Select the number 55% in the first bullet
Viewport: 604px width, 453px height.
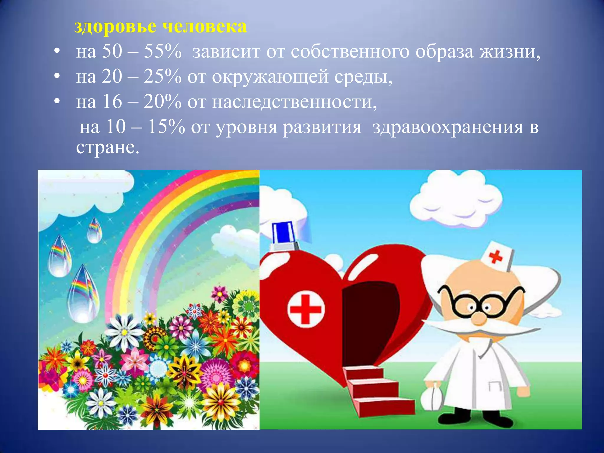163,52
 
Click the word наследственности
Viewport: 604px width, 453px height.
294,102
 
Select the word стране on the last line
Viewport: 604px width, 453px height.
107,147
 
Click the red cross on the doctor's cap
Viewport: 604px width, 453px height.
495,257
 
